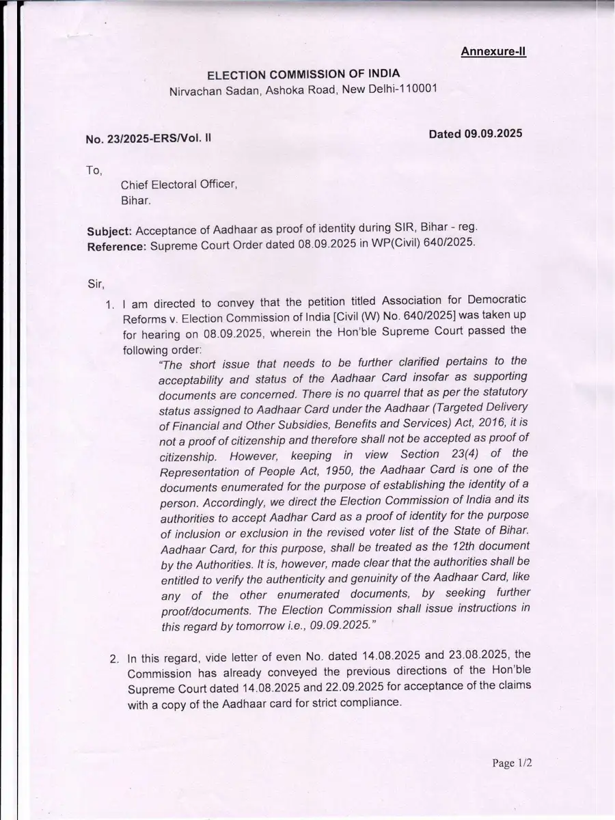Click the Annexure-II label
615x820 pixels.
click(493, 51)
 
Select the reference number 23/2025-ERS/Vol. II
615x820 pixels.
click(163, 139)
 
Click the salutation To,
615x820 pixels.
click(94, 170)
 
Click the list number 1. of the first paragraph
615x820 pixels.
click(109, 305)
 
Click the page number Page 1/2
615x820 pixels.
click(512, 763)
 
